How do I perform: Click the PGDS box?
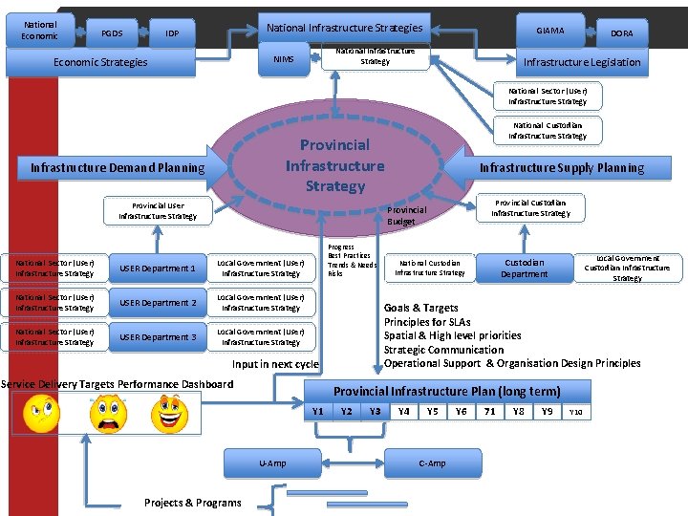[x=112, y=33]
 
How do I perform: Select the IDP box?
[x=172, y=33]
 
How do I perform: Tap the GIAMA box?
[x=549, y=31]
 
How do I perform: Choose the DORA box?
[x=622, y=33]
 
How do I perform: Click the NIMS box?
[x=284, y=60]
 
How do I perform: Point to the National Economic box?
[x=39, y=31]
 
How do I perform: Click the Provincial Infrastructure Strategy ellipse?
[x=334, y=164]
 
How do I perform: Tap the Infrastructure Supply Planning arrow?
[x=559, y=167]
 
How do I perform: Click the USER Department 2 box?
[x=157, y=303]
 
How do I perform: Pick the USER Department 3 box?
[x=157, y=337]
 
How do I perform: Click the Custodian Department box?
[x=524, y=269]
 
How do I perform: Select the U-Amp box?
[x=272, y=463]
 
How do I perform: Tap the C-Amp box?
[x=432, y=463]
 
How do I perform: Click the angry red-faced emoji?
[x=107, y=413]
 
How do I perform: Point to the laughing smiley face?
[x=169, y=413]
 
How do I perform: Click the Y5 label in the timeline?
[x=433, y=412]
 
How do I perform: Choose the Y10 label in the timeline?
[x=576, y=413]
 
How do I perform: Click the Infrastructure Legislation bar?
[x=582, y=63]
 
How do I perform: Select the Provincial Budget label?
[x=407, y=216]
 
